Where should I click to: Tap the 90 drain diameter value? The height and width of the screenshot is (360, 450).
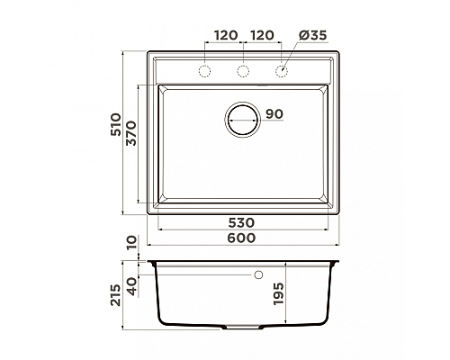pos(274,113)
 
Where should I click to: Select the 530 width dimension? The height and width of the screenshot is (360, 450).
pos(242,222)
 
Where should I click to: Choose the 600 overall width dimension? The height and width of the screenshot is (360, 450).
pos(242,238)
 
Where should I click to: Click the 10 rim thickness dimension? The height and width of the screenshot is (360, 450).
pos(133,243)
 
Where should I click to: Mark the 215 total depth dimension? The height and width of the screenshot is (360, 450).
pos(115,295)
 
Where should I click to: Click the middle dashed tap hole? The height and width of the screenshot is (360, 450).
pos(242,70)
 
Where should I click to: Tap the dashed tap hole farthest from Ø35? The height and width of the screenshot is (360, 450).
pos(204,70)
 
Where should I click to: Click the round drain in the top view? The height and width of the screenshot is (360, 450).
pos(242,119)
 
